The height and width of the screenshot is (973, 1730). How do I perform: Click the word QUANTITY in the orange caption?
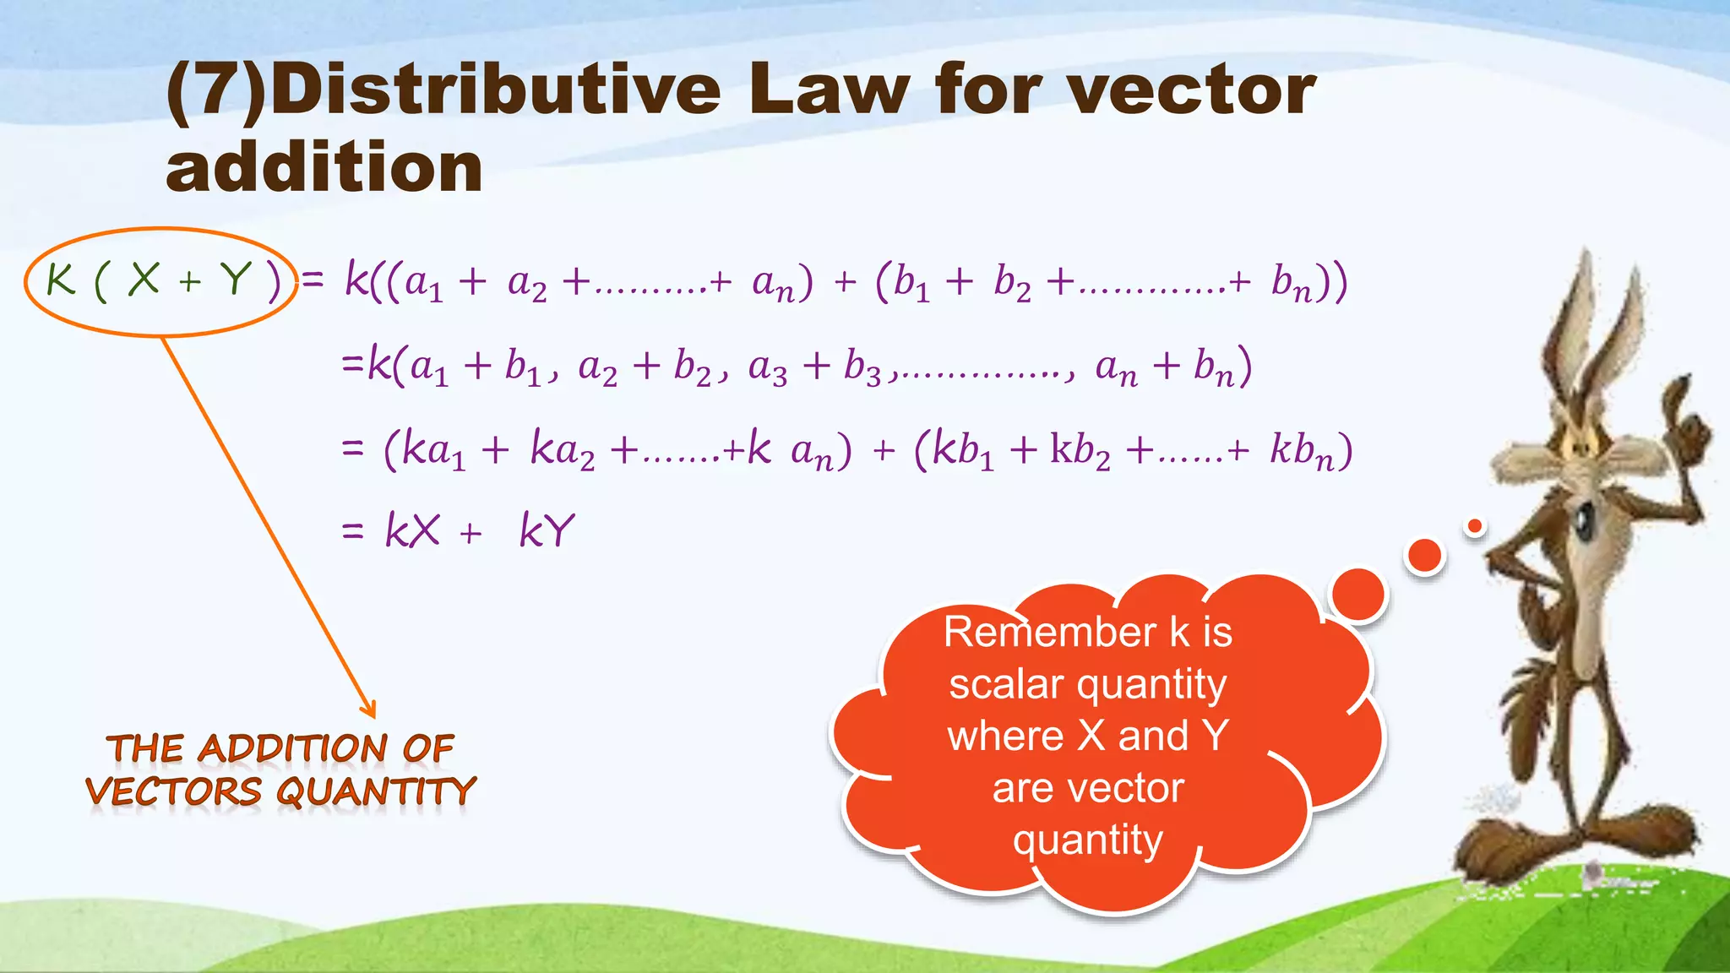(376, 792)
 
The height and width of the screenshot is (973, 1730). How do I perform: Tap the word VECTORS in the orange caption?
(174, 792)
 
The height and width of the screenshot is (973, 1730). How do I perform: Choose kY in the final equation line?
(547, 531)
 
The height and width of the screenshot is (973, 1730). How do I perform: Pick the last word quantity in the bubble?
(1088, 840)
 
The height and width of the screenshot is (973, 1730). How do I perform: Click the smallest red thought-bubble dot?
(1475, 526)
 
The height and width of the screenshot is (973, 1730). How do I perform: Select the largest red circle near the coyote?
(1357, 595)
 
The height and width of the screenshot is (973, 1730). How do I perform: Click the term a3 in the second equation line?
(767, 368)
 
